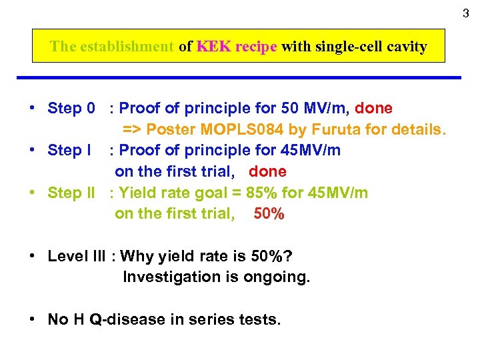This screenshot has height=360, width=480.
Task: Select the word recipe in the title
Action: tap(253, 47)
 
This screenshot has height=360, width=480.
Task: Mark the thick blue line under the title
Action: tap(247, 78)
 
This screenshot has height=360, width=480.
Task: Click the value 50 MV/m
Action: tap(313, 108)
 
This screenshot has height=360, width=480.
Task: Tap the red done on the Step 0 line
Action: tap(373, 108)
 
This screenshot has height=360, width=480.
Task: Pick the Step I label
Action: tap(69, 150)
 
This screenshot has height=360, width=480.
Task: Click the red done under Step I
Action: tap(267, 171)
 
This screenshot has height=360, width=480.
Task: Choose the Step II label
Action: tap(71, 193)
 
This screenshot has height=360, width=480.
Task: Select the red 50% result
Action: tap(269, 214)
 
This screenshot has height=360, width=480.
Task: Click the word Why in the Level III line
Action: tap(137, 257)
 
